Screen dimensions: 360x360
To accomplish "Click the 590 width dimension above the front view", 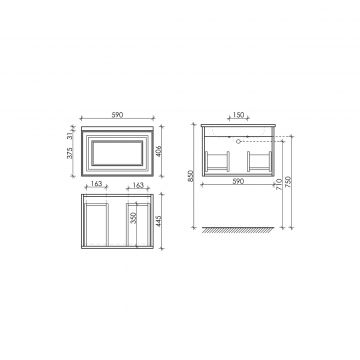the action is click(x=117, y=115).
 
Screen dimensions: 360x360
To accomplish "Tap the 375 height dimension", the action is click(x=69, y=153).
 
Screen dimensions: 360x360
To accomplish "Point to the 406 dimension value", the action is click(x=158, y=152).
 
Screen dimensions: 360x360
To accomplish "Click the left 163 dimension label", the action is click(x=96, y=185).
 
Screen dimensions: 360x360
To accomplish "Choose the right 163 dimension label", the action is click(x=138, y=185).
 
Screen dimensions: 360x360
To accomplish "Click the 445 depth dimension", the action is click(x=158, y=221).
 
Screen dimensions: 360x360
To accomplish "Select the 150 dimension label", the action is click(x=238, y=115).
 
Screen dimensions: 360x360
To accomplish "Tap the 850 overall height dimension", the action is click(x=190, y=176).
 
